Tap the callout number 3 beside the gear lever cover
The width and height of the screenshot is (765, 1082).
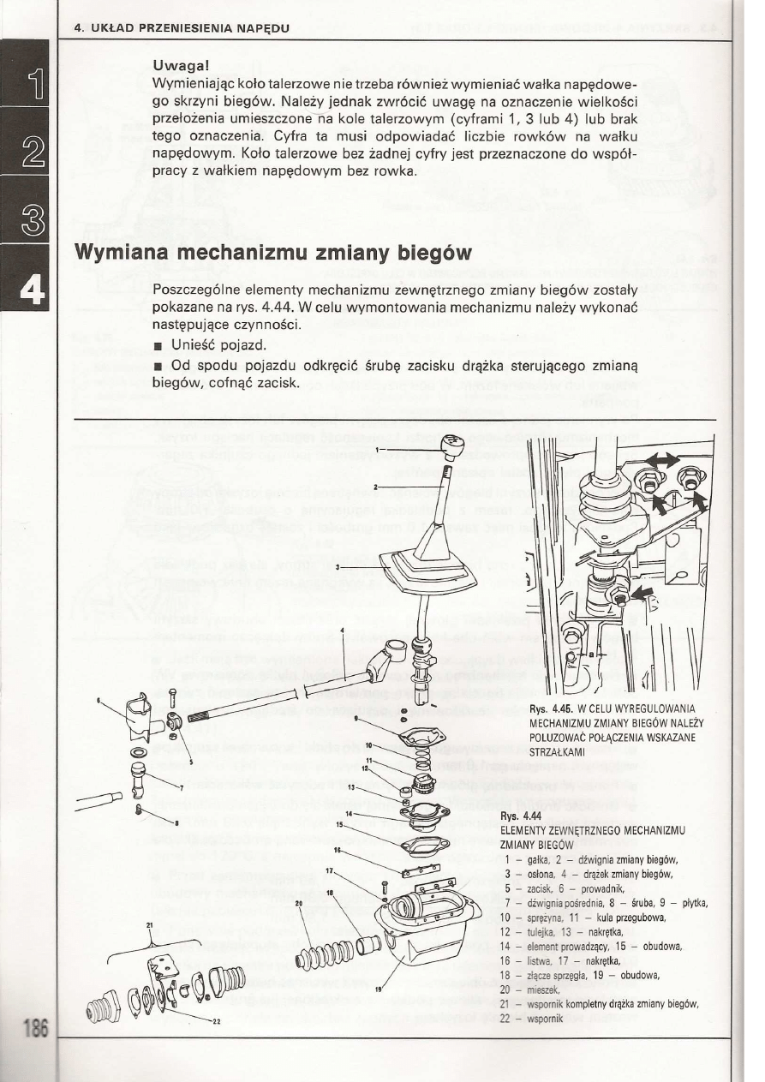[x=339, y=567]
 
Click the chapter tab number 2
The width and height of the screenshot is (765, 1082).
[x=27, y=156]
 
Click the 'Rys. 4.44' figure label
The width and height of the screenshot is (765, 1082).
[x=517, y=816]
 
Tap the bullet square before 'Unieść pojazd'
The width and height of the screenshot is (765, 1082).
[x=158, y=347]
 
